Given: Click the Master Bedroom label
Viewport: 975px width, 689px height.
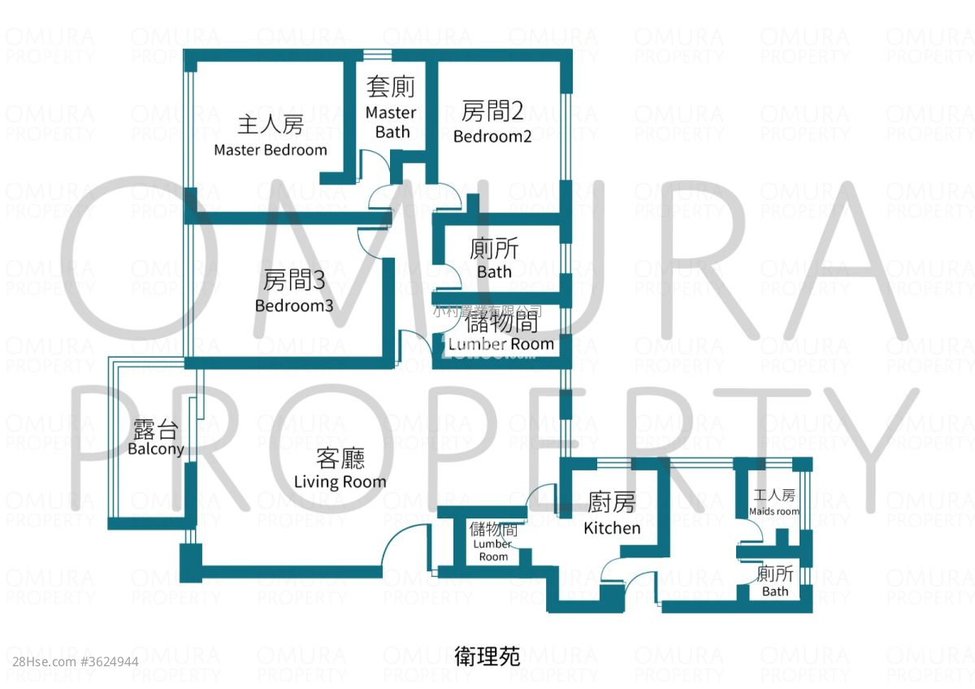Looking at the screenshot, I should pos(271,150).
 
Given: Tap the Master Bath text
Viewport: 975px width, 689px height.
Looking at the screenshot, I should pos(391,122).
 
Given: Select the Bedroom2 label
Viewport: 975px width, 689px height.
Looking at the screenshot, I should pos(492,136).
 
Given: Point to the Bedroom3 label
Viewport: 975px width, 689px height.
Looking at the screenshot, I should pos(294,306).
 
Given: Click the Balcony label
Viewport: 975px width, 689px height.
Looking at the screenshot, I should pos(156,449).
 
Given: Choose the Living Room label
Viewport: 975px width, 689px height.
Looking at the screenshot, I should pos(340,482).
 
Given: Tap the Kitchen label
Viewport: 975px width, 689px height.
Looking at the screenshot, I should pos(612,528).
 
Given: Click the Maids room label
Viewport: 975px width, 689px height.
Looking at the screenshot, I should pos(773,512).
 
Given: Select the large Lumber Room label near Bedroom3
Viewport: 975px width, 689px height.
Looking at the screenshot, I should pos(501,344).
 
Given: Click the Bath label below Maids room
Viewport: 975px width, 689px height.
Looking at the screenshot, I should pos(775,591).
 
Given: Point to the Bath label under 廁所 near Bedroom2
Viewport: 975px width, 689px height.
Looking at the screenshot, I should pos(494,271).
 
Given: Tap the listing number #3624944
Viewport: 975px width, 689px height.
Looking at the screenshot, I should pos(110,661).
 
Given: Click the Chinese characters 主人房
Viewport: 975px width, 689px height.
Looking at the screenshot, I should pos(271,125).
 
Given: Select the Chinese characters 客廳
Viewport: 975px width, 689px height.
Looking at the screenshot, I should pos(340,459).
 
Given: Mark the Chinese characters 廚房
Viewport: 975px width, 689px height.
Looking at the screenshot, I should pos(612,504).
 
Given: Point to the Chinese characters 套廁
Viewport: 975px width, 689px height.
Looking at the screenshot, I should pos(391,87).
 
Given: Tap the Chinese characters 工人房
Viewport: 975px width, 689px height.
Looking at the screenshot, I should pos(773,496).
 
